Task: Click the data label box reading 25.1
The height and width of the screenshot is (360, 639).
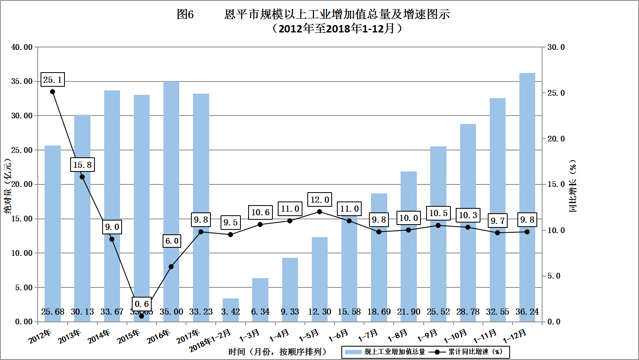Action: tap(53, 80)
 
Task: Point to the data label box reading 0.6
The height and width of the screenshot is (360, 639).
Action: tap(142, 304)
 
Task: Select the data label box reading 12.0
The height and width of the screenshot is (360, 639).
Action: tap(319, 199)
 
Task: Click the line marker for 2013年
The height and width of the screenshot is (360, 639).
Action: tap(82, 177)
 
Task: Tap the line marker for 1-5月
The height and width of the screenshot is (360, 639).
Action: tap(319, 212)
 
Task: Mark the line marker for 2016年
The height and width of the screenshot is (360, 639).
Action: tap(171, 267)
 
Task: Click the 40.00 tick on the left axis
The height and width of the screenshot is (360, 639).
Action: tap(22, 47)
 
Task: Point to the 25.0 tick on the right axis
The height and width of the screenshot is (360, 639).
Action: tap(556, 93)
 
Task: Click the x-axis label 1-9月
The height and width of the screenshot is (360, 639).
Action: tap(427, 336)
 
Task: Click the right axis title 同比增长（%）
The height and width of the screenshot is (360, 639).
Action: tap(573, 185)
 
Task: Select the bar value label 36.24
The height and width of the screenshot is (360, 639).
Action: tap(527, 312)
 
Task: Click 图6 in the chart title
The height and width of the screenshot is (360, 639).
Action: tap(185, 15)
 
